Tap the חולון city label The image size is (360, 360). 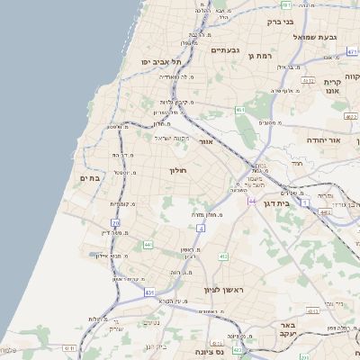pos(176,170)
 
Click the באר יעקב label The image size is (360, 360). pos(288,330)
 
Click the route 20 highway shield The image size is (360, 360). pos(116,221)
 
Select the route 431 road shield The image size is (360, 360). pos(149,292)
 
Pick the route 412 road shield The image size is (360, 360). pos(222,256)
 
